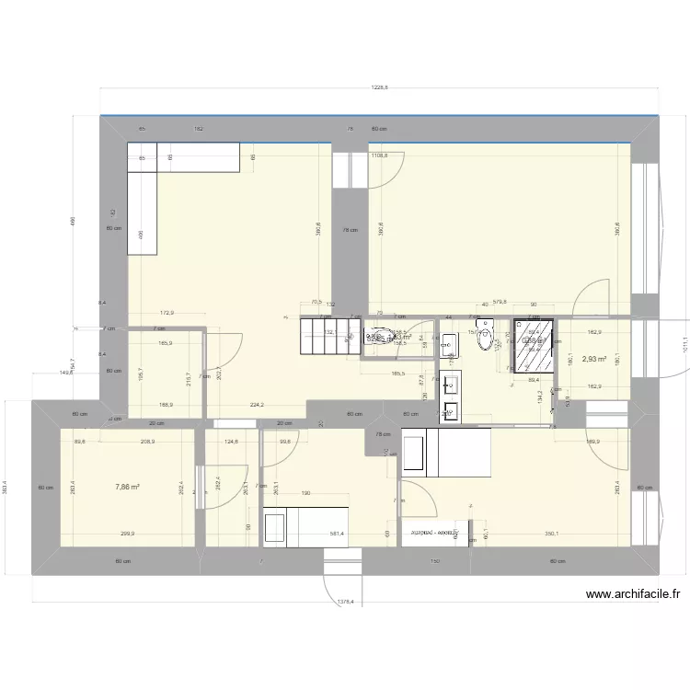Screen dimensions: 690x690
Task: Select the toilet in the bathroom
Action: click(486, 337)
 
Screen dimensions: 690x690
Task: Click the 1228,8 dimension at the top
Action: click(379, 88)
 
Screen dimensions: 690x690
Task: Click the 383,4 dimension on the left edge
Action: click(6, 486)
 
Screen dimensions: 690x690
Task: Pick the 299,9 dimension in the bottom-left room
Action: click(127, 534)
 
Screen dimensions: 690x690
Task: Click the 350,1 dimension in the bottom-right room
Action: click(552, 534)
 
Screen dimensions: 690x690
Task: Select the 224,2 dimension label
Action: click(257, 404)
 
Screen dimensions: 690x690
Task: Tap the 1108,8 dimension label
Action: click(379, 156)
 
